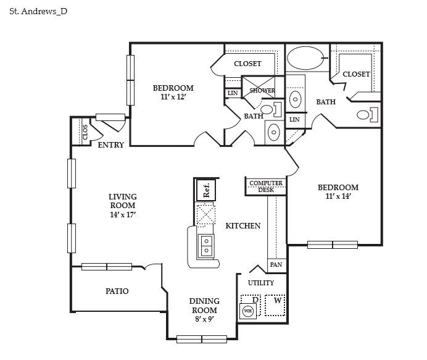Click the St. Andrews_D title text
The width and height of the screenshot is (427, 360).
pos(38,11)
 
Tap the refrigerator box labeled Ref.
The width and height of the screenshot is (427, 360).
pos(206,189)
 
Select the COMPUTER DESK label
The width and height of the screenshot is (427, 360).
pos(266,186)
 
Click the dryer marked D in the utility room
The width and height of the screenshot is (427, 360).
pos(254,300)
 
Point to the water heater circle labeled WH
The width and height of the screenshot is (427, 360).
pos(248,311)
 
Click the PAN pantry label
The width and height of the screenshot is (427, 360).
pos(276,265)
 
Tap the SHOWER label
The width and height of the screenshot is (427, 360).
pos(262,91)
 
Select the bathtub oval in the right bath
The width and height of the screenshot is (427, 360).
pos(306,61)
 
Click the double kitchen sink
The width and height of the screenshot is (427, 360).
pos(206,245)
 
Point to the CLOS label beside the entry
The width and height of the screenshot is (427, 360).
pos(85,131)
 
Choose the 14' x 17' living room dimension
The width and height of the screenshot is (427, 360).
pos(122,214)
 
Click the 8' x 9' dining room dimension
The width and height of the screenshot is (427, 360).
pos(204,319)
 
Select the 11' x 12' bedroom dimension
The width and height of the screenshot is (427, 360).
pos(173,97)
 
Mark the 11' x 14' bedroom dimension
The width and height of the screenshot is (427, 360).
pos(338,196)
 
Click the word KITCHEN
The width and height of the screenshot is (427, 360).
pos(243,226)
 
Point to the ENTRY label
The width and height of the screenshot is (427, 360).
pos(111,145)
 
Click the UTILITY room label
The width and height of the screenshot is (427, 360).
pos(261,283)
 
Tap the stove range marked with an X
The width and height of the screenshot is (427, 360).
pos(205,216)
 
